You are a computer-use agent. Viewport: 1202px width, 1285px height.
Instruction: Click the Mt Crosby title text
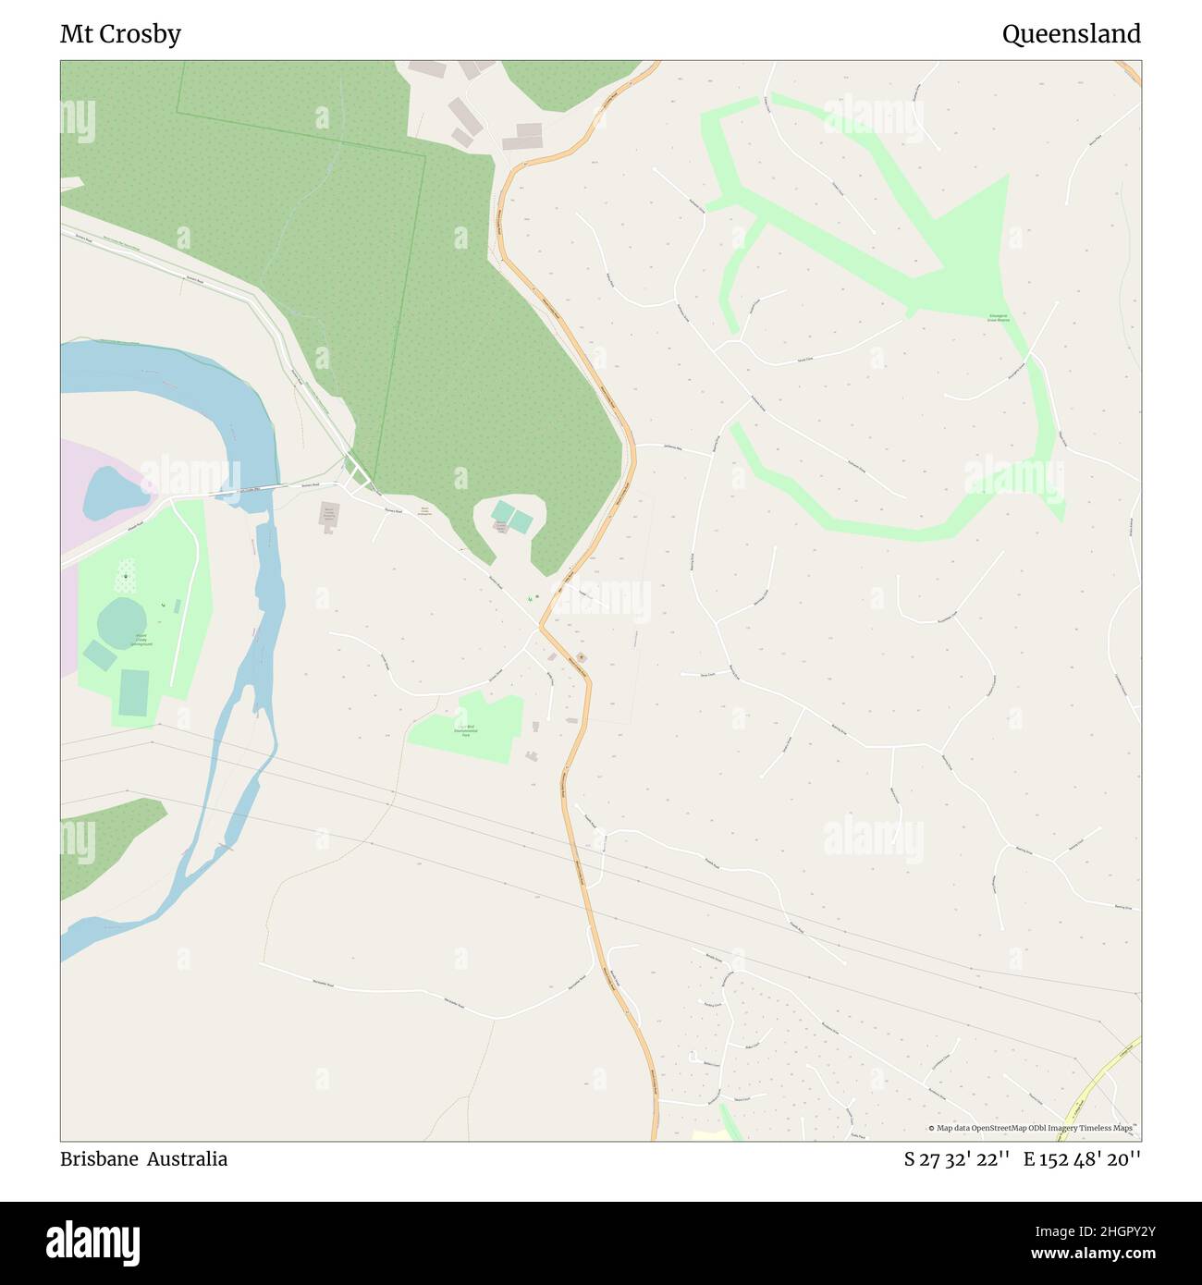point(120,34)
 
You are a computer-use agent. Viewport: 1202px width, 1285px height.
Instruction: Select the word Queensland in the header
point(1071,34)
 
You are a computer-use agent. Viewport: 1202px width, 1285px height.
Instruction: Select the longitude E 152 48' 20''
point(1081,1159)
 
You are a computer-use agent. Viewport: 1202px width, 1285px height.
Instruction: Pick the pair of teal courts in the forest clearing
point(512,517)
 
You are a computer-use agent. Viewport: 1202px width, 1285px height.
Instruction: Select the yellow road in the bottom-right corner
point(1100,1082)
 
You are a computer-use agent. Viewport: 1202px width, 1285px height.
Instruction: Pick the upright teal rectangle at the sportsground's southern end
point(134,692)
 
